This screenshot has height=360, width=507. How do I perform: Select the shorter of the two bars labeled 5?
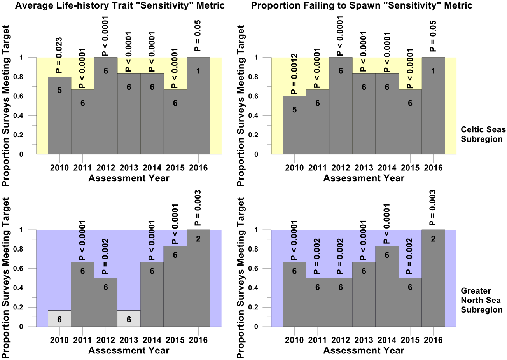(x=294, y=125)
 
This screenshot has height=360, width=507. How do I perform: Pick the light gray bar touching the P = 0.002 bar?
(x=129, y=318)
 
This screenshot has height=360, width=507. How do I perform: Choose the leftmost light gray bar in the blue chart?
(x=59, y=318)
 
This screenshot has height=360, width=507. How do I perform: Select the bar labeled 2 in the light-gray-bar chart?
(x=198, y=278)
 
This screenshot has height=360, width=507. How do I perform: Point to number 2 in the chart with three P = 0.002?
(x=433, y=239)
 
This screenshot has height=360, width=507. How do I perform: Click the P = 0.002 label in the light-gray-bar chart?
(x=105, y=256)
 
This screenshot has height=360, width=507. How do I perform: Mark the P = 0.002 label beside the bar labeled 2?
(x=410, y=256)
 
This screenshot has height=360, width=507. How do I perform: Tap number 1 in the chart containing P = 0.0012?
(x=433, y=71)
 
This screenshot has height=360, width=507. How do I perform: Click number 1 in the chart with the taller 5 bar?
(x=198, y=71)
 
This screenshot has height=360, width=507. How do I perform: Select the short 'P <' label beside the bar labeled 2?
(x=175, y=238)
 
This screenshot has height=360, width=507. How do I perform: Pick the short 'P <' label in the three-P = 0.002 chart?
(x=386, y=238)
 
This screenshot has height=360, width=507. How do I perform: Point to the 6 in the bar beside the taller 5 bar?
(x=82, y=103)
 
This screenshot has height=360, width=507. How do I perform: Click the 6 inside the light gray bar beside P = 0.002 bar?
(x=129, y=320)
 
